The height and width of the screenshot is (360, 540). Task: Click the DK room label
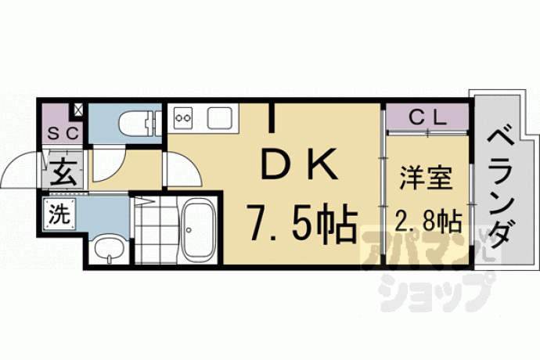click(299, 164)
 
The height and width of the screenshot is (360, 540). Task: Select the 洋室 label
click(426, 178)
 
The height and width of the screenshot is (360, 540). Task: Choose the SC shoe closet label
click(63, 134)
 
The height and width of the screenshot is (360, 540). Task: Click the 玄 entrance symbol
click(63, 171)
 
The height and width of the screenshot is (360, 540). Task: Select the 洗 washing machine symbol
click(59, 214)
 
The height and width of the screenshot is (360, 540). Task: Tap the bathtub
click(199, 230)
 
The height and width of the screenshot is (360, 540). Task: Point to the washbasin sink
click(109, 250)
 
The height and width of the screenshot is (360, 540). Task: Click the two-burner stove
click(183, 117)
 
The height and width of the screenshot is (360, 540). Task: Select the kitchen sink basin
click(219, 117)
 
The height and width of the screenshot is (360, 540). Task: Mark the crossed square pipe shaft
click(78, 110)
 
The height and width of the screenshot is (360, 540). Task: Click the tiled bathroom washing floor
click(157, 230)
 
